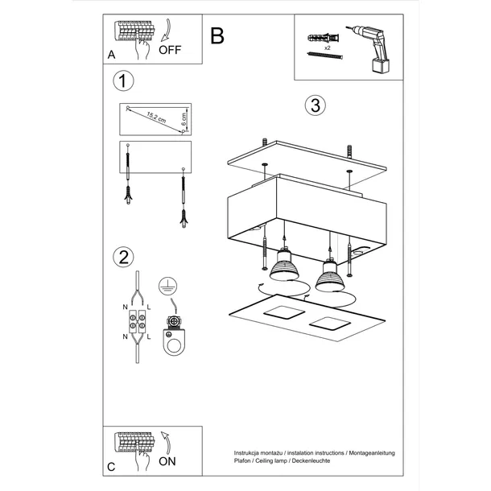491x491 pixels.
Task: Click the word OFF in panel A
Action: (x=170, y=49)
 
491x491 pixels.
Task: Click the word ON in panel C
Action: (x=168, y=462)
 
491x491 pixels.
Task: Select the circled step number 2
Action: (x=123, y=257)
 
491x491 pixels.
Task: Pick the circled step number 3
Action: (x=314, y=105)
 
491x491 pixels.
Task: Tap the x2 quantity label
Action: (x=328, y=48)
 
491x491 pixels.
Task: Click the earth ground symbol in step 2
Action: (x=167, y=284)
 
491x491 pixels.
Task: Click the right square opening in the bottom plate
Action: (x=332, y=324)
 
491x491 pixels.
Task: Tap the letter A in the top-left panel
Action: (x=110, y=56)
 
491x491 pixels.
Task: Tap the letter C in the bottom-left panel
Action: (x=110, y=467)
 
